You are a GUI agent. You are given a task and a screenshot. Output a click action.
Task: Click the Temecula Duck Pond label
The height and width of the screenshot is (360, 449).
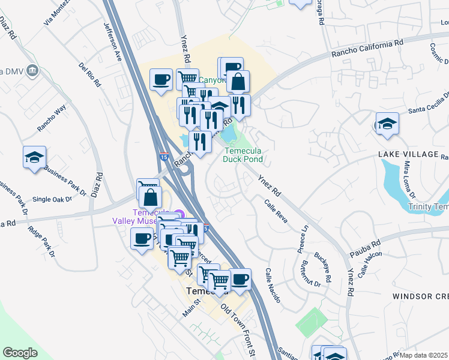coord(243,155)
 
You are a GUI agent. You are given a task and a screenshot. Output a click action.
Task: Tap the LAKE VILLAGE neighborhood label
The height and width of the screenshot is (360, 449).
coord(408,154)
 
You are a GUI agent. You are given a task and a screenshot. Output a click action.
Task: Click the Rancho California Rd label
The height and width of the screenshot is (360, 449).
coord(367,47)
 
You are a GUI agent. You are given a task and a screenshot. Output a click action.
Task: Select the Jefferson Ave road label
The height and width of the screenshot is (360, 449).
coord(113,42)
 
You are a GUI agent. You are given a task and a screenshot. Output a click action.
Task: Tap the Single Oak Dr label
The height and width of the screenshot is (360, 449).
coord(52,199)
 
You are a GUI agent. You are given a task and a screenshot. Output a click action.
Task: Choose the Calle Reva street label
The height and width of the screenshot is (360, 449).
coord(276,211)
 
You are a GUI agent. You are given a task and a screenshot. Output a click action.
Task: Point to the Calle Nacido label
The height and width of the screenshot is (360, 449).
coord(272,286)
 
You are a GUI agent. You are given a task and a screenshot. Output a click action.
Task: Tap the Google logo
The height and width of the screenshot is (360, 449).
coord(20,353)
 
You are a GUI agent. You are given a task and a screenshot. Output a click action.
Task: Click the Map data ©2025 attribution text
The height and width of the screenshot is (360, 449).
coord(424,355)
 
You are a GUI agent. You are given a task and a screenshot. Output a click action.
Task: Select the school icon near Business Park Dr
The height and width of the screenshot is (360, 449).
coord(34,158)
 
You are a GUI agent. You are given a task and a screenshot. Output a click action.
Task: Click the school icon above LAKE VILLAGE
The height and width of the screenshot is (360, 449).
coord(387,124)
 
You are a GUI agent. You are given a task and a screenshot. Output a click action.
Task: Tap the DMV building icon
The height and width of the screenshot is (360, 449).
coord(32,71)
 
